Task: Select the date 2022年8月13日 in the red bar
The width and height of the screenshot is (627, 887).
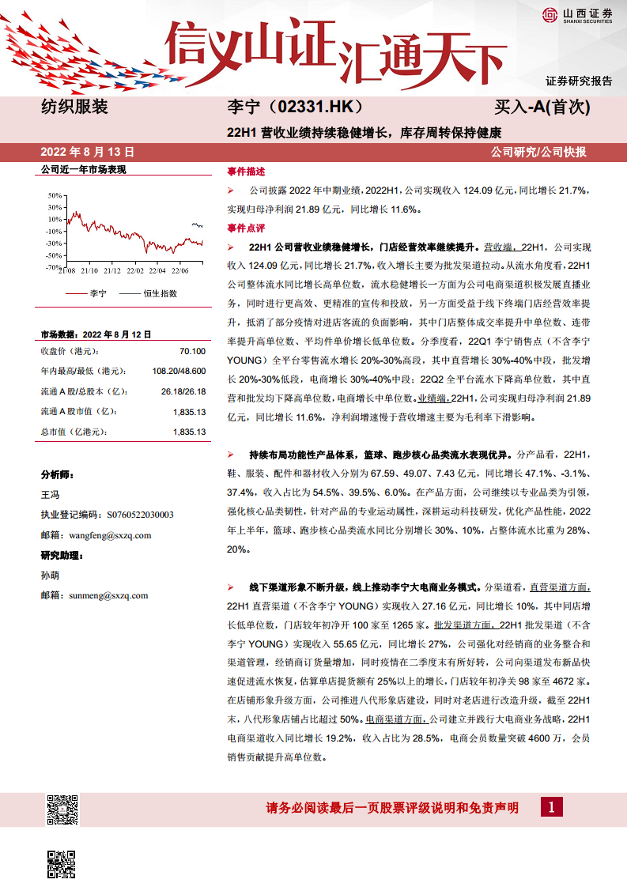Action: click(87, 152)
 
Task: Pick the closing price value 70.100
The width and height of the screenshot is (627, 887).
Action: click(192, 351)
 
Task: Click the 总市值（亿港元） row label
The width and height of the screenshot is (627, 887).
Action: click(74, 432)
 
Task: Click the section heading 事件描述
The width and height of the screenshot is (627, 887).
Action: click(246, 172)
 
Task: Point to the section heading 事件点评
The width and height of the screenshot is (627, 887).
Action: click(246, 228)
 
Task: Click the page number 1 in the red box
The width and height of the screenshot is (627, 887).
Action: click(551, 807)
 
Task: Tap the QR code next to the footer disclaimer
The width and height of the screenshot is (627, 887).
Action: click(62, 809)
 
